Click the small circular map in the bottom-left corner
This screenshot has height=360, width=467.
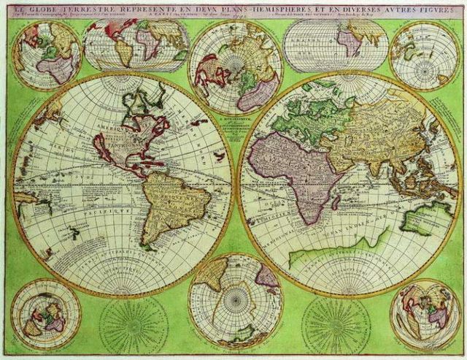point(46,314)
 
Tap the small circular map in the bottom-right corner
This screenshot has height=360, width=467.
point(425,314)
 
